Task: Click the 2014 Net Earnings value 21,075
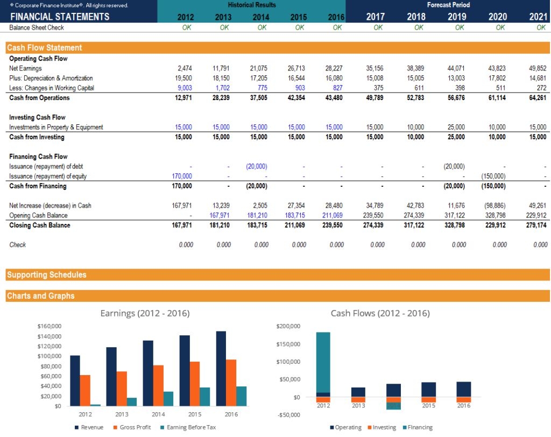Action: click(x=258, y=68)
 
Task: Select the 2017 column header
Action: click(x=375, y=17)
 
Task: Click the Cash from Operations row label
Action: click(x=39, y=98)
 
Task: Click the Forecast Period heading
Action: click(x=448, y=5)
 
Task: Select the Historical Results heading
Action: click(x=251, y=5)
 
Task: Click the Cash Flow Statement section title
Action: click(x=45, y=48)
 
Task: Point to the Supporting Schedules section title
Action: click(x=47, y=275)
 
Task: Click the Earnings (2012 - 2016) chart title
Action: click(x=145, y=313)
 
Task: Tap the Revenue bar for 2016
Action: click(x=221, y=368)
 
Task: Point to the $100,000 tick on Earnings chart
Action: click(x=50, y=356)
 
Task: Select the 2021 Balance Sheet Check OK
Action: click(x=541, y=27)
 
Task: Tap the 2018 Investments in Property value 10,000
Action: click(x=416, y=128)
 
